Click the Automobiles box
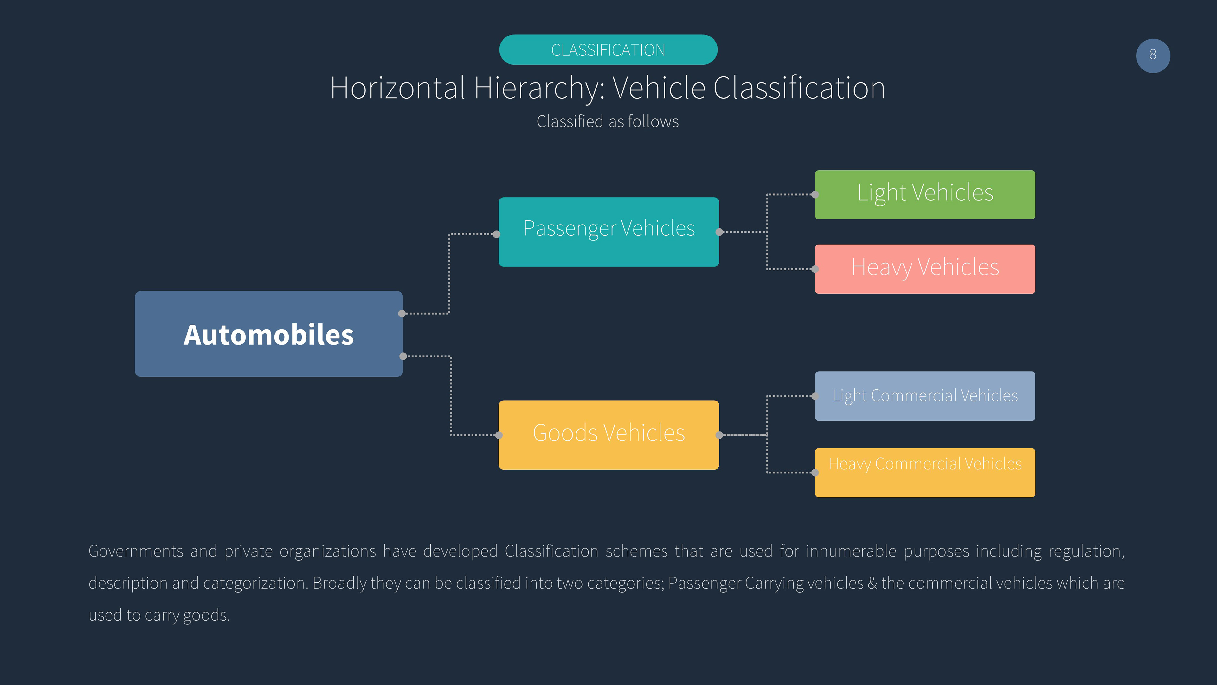269,334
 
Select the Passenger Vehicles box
608,232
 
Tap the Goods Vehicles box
608,435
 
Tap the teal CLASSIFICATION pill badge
608,50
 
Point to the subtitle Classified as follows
608,121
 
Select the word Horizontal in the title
398,88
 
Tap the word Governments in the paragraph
136,551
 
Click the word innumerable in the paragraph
851,551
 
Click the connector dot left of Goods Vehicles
499,435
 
